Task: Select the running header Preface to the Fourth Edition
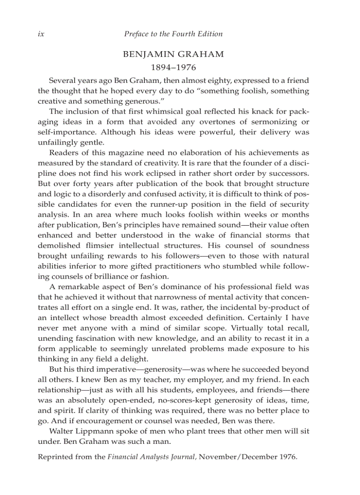tap(173, 34)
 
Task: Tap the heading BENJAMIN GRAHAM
tap(173, 54)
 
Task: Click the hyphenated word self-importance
tap(67, 132)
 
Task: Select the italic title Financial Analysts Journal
tap(152, 457)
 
